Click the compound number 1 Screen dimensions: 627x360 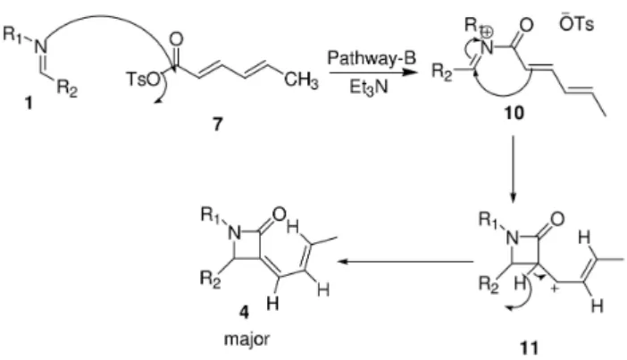[28, 104]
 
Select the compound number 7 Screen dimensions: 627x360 [217, 124]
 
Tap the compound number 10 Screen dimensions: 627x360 [514, 113]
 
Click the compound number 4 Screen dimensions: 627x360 [244, 312]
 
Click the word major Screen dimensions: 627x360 [247, 339]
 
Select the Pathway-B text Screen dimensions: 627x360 [372, 58]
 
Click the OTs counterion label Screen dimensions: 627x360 [577, 24]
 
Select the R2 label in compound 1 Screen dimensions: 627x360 [67, 88]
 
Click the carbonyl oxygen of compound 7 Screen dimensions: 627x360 [176, 39]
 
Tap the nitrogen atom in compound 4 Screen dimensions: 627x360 [235, 234]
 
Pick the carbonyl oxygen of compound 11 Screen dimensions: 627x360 [557, 219]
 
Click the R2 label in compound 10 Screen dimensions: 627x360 [442, 72]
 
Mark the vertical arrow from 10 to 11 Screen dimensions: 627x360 [514, 170]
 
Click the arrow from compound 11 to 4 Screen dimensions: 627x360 [405, 262]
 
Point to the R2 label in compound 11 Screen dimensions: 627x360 [489, 285]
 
